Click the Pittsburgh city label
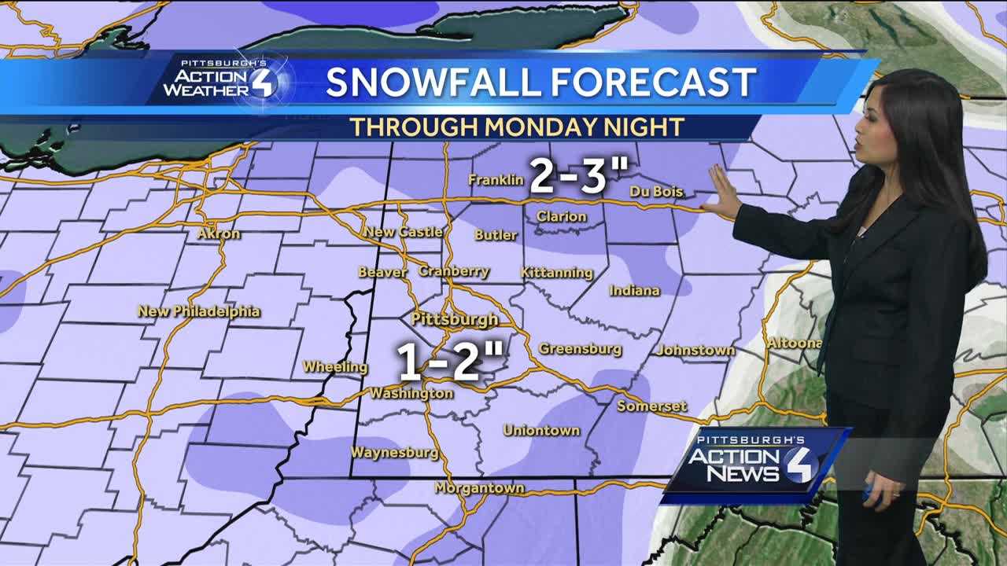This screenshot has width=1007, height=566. click(455, 319)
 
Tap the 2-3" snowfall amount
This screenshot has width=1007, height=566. click(568, 177)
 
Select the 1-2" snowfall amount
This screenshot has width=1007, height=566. click(450, 362)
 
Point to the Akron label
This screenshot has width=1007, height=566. click(219, 233)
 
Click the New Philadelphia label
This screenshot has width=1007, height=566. click(199, 311)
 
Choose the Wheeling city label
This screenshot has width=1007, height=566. click(335, 367)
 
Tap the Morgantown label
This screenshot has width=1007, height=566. click(479, 488)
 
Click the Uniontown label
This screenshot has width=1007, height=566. click(541, 431)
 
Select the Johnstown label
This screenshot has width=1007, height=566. click(695, 350)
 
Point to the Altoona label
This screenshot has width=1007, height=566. click(795, 343)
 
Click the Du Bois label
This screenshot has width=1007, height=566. click(656, 192)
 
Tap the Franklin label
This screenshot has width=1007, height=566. click(496, 180)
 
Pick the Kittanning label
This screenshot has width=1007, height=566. click(557, 273)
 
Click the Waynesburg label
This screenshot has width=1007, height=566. click(394, 453)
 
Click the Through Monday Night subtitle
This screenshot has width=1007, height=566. click(516, 127)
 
